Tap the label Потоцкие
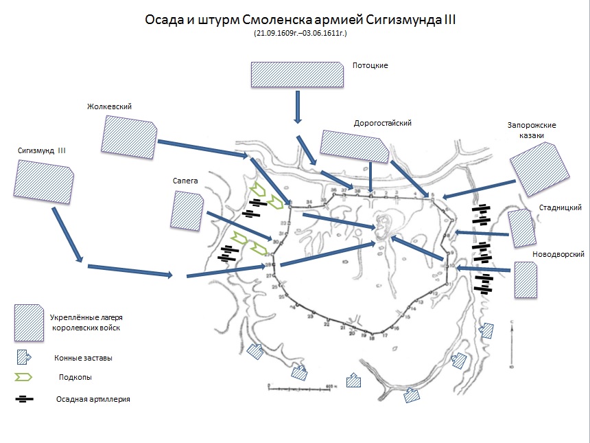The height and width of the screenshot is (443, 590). point(370,66)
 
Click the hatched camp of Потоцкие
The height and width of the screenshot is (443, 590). point(296,74)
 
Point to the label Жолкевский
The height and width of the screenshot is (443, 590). point(109,106)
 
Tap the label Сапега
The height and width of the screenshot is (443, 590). point(186,181)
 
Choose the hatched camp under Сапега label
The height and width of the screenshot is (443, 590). point(187,210)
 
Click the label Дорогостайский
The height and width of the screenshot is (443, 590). point(382,124)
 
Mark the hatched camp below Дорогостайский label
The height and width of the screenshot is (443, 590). point(354,146)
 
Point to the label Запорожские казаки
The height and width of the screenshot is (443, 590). point(532,130)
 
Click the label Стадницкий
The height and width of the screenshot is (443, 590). point(561,207)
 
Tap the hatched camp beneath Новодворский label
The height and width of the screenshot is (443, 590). point(526,280)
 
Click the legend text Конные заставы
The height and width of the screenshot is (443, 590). point(83,358)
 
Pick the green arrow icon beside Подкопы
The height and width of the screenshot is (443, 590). point(25,377)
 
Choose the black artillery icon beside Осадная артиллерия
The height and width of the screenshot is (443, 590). point(25,399)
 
